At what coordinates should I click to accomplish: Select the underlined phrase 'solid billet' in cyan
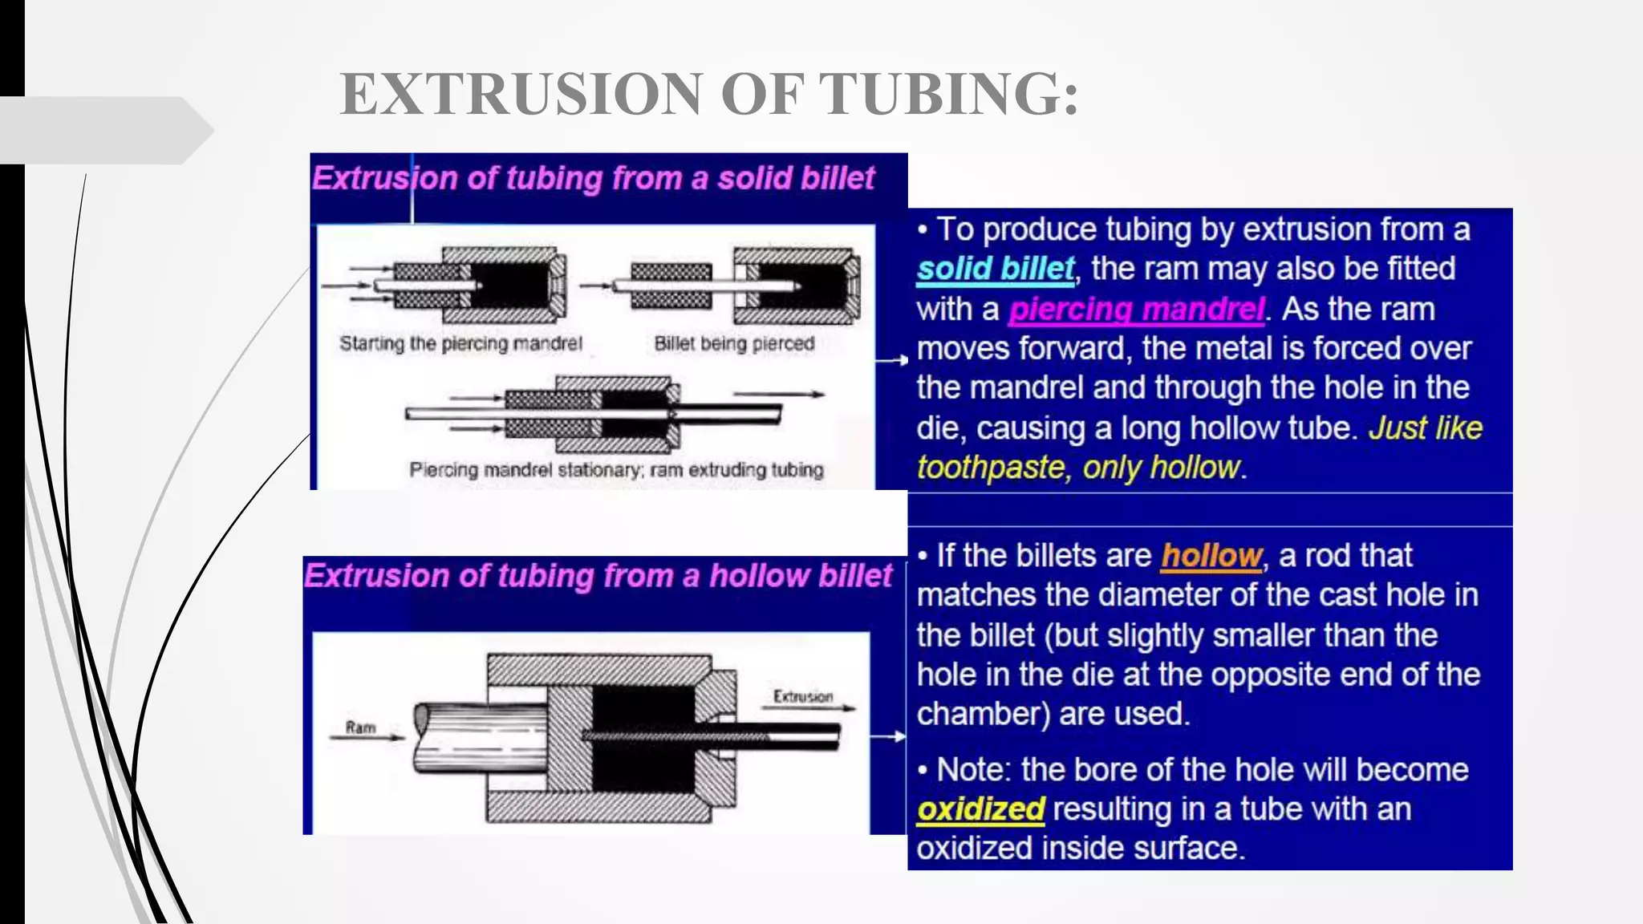(995, 269)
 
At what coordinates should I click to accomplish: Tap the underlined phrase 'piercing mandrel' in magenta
(1136, 309)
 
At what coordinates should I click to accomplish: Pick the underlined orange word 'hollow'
(1211, 555)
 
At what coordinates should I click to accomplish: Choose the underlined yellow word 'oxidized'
(980, 809)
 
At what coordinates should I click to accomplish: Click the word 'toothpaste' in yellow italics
(990, 467)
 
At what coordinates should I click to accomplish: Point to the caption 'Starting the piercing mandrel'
(460, 343)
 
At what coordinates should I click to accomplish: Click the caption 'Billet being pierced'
(734, 343)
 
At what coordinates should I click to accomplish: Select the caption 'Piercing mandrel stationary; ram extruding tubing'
(616, 469)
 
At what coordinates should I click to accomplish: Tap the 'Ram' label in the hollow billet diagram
(360, 727)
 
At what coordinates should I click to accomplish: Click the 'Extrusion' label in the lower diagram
(802, 696)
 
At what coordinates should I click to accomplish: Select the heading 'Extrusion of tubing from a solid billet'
(593, 178)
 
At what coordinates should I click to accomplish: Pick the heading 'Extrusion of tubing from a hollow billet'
(598, 576)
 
